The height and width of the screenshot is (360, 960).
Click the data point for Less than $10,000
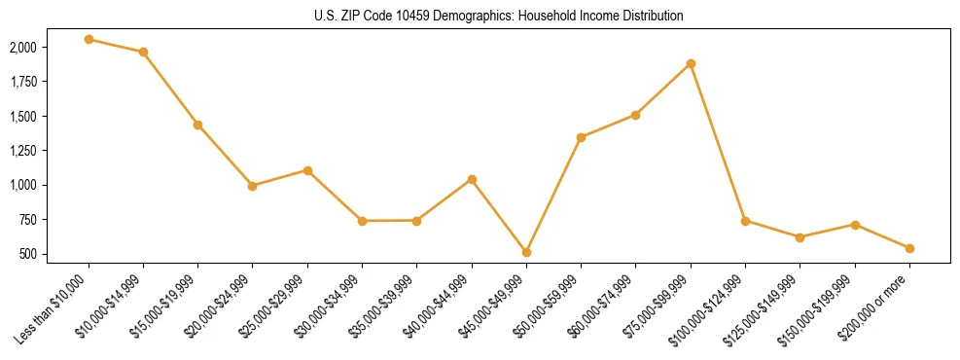89,40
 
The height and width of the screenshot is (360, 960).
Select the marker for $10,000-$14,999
143,52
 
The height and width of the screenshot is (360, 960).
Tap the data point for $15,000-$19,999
197,125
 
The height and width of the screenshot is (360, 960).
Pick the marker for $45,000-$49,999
526,252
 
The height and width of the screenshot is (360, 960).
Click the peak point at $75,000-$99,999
691,63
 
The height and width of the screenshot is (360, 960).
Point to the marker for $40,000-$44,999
472,179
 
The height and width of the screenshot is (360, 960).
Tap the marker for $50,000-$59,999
581,137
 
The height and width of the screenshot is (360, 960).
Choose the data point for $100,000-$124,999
745,221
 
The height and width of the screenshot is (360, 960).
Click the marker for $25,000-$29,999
307,170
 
